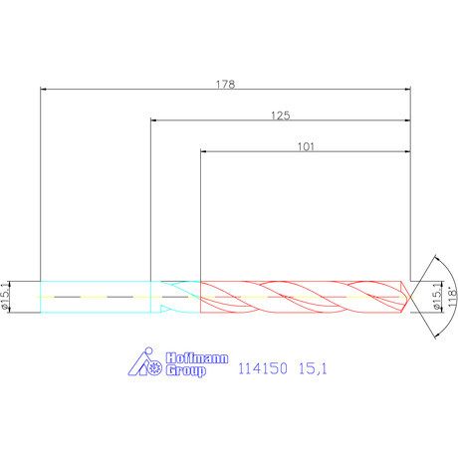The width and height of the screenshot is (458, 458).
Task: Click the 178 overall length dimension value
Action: [x=225, y=84]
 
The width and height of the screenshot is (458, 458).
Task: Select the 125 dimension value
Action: [x=281, y=115]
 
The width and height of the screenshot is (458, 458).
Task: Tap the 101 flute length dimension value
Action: [x=306, y=146]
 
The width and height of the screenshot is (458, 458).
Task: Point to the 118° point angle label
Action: [x=452, y=298]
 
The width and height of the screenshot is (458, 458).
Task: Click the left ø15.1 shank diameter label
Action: [x=6, y=297]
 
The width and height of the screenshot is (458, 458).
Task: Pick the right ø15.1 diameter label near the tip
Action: [x=438, y=297]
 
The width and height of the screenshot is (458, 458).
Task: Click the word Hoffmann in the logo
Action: [x=197, y=358]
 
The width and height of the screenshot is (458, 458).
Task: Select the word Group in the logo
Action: [x=185, y=370]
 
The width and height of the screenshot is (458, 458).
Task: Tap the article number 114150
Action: [x=263, y=368]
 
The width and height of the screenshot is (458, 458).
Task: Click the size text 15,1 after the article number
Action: [x=313, y=368]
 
